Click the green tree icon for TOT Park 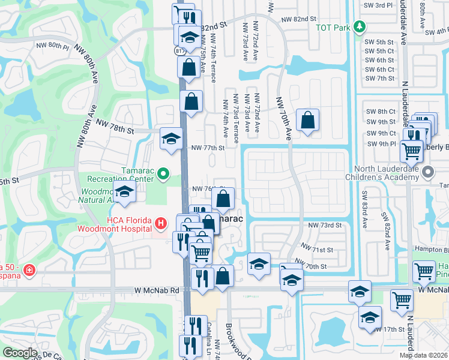click(359, 26)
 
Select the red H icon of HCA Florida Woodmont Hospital click(160, 224)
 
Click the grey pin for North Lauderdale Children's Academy click(427, 172)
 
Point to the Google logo click(20, 353)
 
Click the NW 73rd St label click(325, 225)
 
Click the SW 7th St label click(379, 79)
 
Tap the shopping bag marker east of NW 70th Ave click(307, 121)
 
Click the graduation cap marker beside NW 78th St click(171, 139)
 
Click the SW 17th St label click(394, 329)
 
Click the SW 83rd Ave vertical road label click(364, 203)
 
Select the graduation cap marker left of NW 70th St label click(259, 265)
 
